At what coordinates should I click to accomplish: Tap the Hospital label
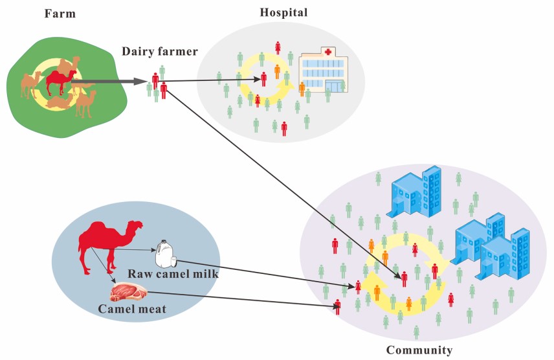[x=283, y=12]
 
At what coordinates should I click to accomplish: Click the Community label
[x=419, y=350]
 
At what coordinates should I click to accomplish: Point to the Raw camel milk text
[x=173, y=274]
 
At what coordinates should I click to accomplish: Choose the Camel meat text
[x=132, y=309]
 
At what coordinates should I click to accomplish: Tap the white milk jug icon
[x=166, y=254]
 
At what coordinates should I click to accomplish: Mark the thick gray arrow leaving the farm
[x=110, y=82]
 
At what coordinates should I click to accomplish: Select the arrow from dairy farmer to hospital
[x=214, y=80]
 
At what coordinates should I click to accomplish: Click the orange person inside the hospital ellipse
[x=277, y=71]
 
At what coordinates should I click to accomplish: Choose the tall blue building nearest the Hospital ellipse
[x=414, y=191]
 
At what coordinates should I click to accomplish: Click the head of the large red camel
[x=135, y=227]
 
